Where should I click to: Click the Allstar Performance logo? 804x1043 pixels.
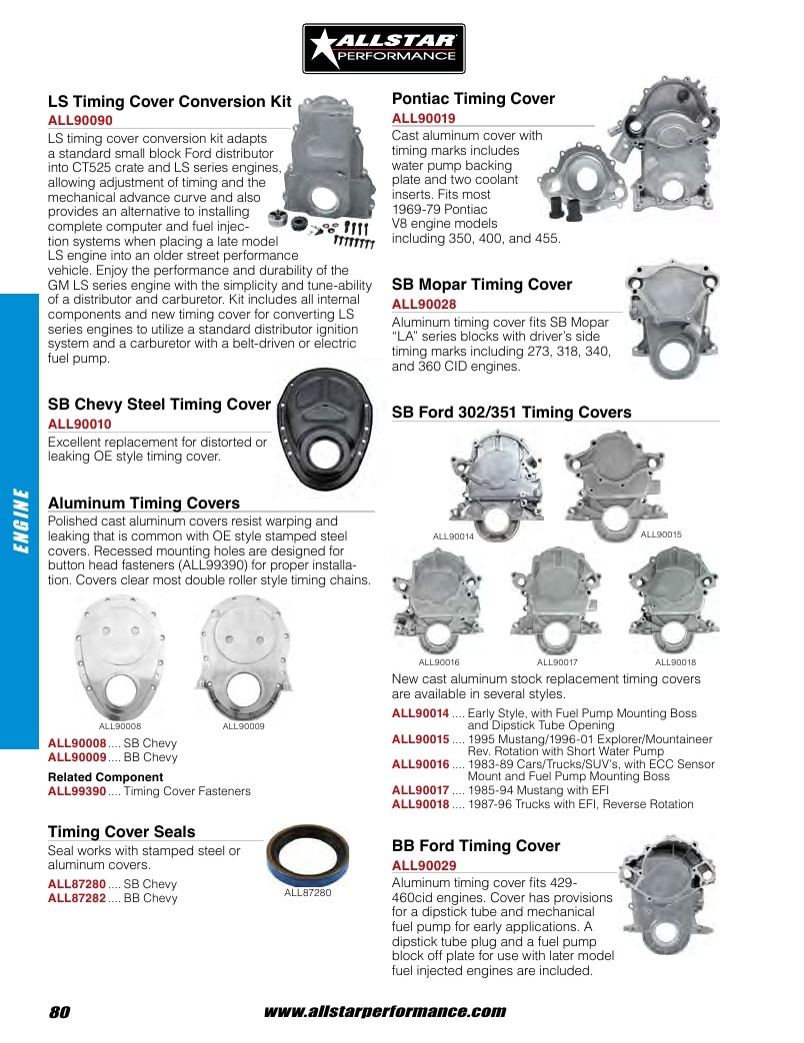tap(383, 49)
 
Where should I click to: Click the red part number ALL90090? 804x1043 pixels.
tap(80, 121)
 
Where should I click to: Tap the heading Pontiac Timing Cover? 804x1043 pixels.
tap(473, 99)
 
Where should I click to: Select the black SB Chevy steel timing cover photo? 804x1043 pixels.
tap(324, 429)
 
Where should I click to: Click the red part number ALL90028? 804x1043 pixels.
tap(424, 304)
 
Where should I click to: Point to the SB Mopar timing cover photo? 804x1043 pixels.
tap(672, 319)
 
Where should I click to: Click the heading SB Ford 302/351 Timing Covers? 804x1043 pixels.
tap(511, 413)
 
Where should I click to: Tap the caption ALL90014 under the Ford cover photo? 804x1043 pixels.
tap(453, 536)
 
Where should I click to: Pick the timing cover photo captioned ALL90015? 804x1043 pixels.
tap(616, 485)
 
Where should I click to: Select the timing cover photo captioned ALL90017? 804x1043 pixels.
tap(556, 601)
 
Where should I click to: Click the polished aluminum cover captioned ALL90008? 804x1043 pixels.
tap(120, 656)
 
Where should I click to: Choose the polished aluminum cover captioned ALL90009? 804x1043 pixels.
tap(244, 656)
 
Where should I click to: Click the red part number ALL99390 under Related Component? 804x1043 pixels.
tap(77, 791)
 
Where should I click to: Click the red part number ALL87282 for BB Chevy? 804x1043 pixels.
tap(77, 898)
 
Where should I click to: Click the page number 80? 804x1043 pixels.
tap(59, 1012)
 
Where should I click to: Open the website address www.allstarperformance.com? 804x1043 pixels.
tap(385, 1012)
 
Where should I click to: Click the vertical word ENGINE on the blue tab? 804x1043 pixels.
tap(21, 521)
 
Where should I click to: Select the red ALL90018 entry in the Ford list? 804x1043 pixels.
tap(421, 804)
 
